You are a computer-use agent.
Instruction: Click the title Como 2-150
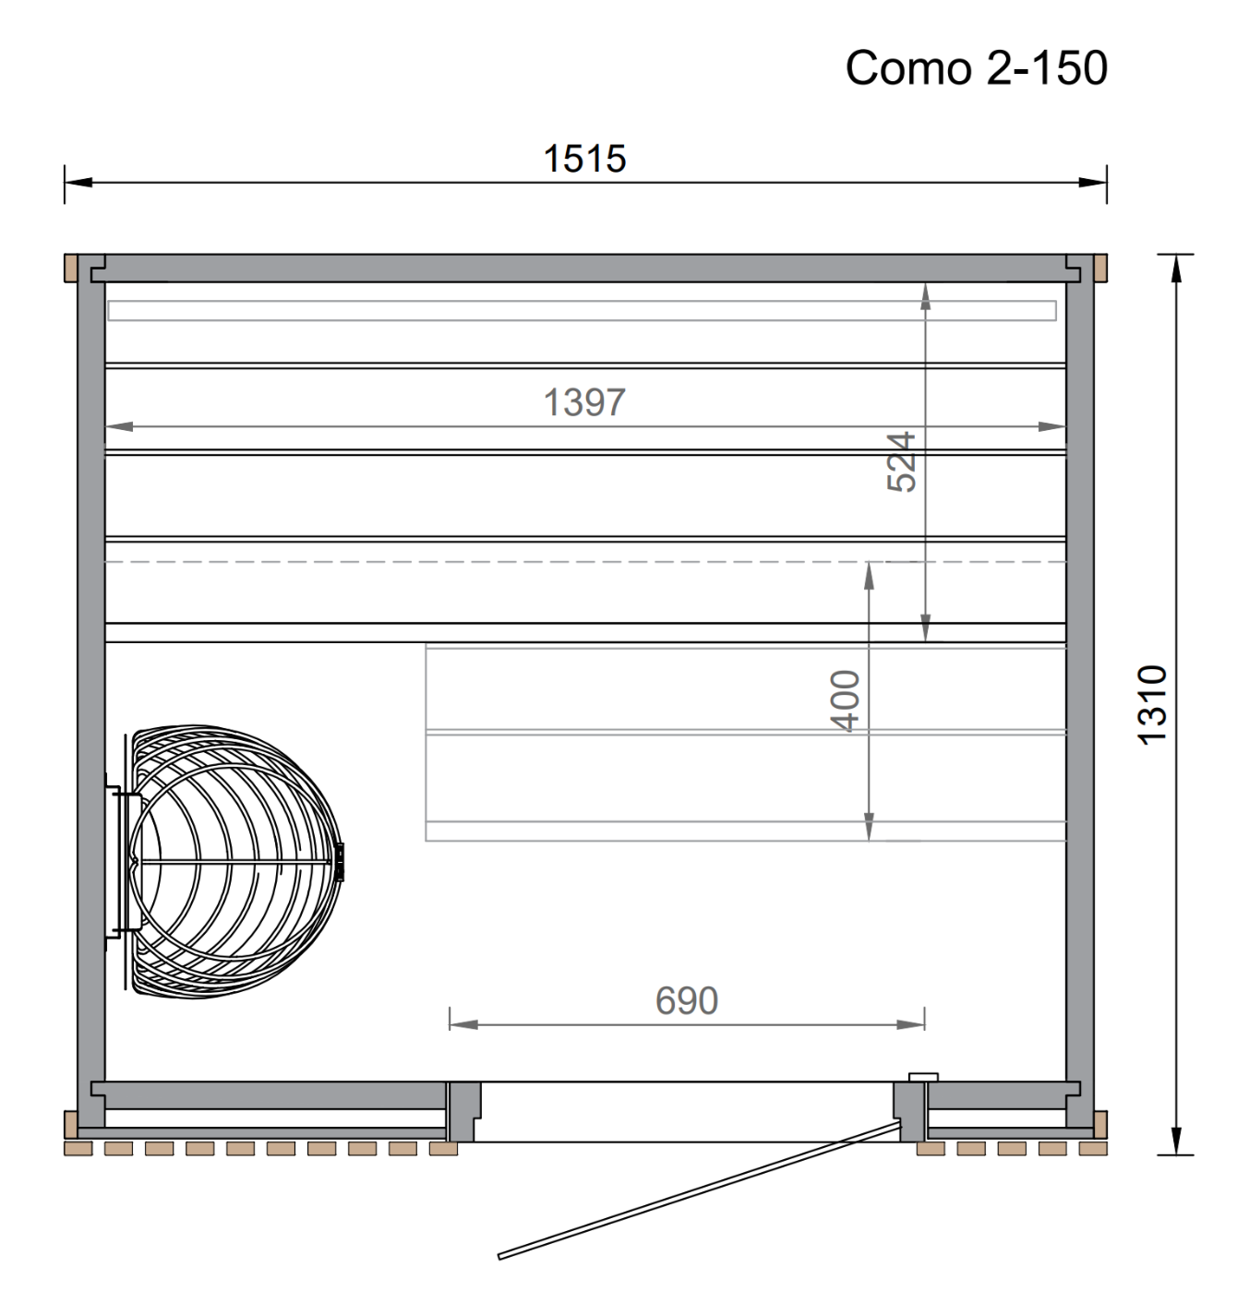[976, 67]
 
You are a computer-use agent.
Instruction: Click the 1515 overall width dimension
[584, 159]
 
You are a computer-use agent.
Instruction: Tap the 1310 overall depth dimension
[1151, 704]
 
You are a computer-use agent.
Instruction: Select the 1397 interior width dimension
[584, 402]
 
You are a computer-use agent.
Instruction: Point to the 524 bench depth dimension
[901, 461]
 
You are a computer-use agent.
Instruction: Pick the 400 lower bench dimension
[845, 700]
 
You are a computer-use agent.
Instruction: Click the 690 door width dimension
[687, 1000]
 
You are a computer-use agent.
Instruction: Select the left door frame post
[462, 1112]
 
